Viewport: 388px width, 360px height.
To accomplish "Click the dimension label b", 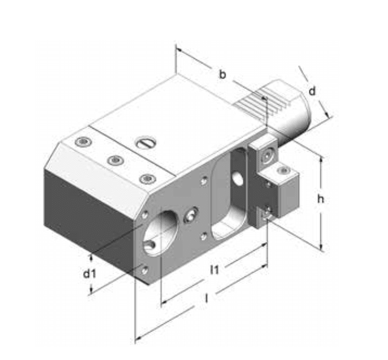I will point(223,75).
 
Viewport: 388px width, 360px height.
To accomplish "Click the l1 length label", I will point(214,269).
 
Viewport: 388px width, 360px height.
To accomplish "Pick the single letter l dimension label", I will point(207,298).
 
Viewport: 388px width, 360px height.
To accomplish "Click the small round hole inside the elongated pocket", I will point(237,178).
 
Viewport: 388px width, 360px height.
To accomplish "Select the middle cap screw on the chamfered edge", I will point(114,160).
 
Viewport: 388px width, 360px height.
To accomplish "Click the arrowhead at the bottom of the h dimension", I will point(322,247).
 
